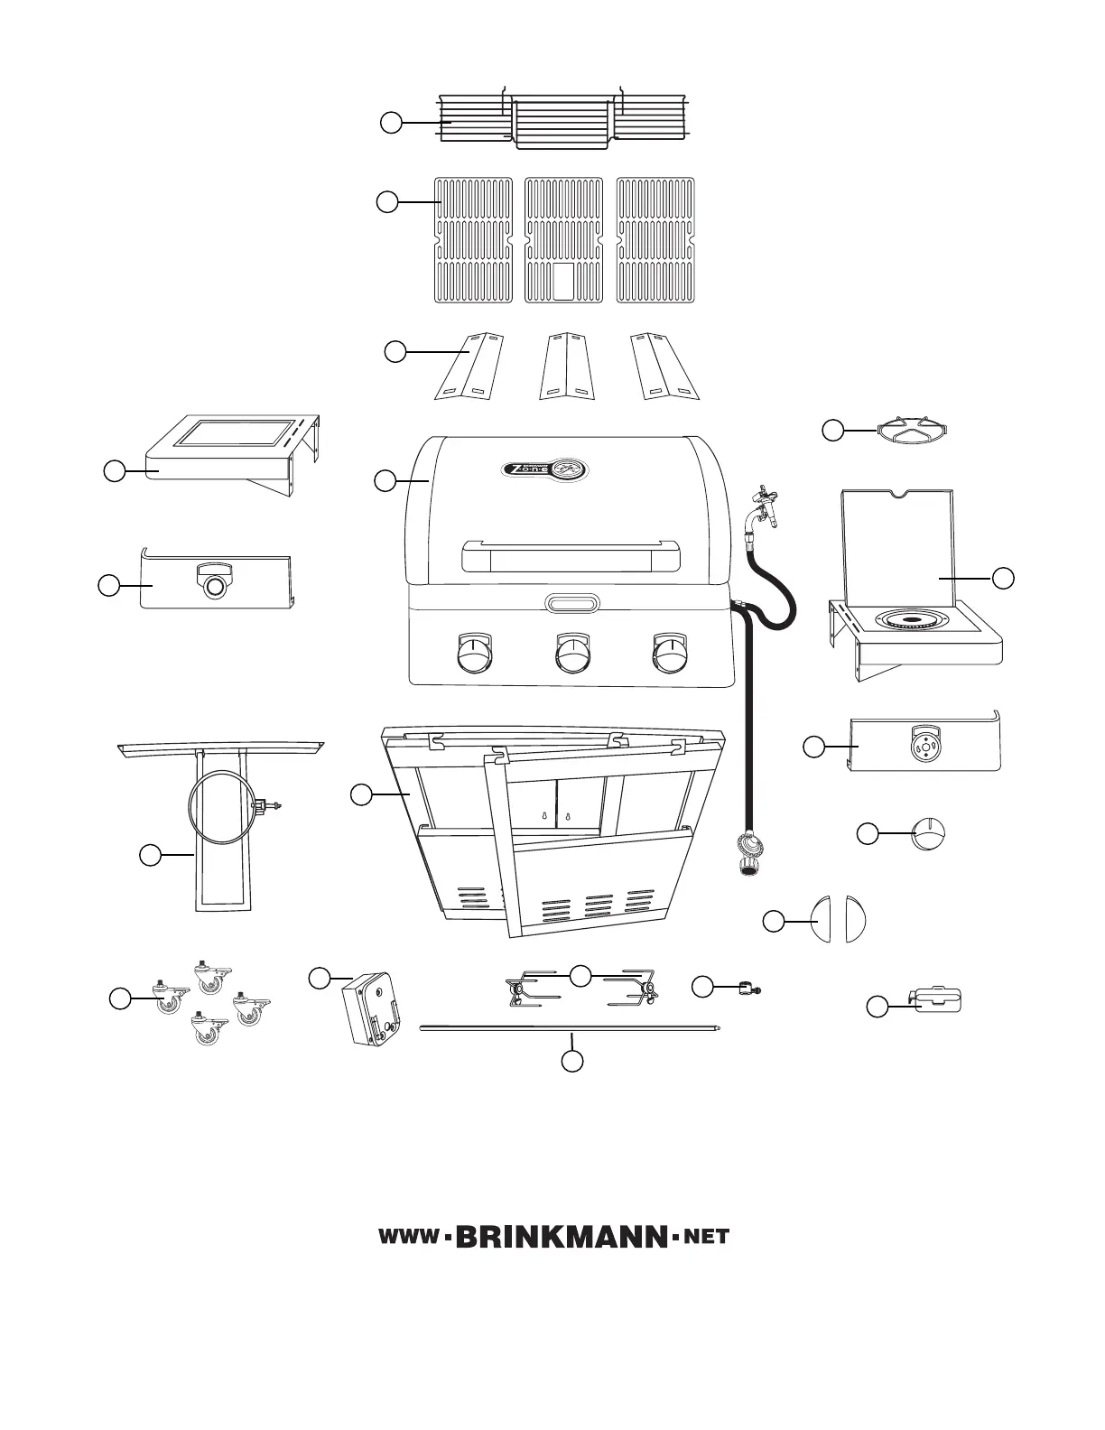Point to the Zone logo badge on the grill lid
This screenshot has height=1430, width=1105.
tap(544, 470)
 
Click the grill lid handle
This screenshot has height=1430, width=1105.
tap(571, 557)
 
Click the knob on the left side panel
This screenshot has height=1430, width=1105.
tap(215, 584)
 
